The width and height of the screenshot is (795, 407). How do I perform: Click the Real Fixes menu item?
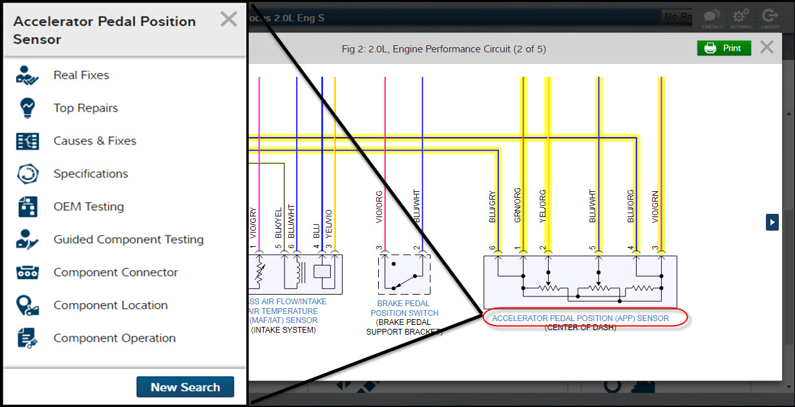pyautogui.click(x=81, y=76)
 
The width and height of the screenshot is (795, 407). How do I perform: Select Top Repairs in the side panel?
pyautogui.click(x=85, y=109)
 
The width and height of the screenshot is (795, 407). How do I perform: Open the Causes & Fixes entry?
pyautogui.click(x=94, y=141)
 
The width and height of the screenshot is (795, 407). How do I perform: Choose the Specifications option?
pyautogui.click(x=90, y=174)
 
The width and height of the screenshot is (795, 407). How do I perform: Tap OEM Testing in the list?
pyautogui.click(x=89, y=207)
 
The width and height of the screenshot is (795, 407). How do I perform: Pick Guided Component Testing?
pyautogui.click(x=128, y=240)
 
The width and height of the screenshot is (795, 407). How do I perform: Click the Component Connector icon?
pyautogui.click(x=28, y=273)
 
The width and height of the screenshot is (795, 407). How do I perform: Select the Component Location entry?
pyautogui.click(x=110, y=306)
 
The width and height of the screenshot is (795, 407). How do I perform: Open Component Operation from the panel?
pyautogui.click(x=114, y=339)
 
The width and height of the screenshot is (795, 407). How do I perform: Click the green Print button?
pyautogui.click(x=723, y=48)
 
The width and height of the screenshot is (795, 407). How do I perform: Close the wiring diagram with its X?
pyautogui.click(x=767, y=47)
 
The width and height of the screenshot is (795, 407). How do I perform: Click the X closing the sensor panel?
pyautogui.click(x=228, y=19)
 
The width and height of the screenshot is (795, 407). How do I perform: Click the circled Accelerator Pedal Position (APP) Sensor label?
pyautogui.click(x=580, y=318)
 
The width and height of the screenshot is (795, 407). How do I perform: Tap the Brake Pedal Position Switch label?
pyautogui.click(x=404, y=308)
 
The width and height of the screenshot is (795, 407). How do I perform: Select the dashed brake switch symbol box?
pyautogui.click(x=404, y=275)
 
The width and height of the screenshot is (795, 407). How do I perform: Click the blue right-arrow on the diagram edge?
pyautogui.click(x=772, y=222)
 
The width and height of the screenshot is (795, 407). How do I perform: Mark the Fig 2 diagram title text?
pyautogui.click(x=443, y=49)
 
